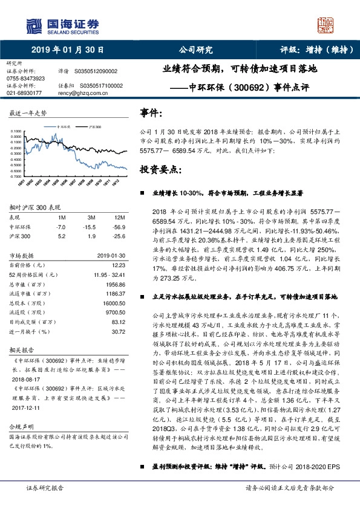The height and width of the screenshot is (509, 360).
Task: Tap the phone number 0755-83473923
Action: point(25,79)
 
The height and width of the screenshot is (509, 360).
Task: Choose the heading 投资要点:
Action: point(159,169)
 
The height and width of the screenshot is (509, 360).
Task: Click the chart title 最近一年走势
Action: point(28,114)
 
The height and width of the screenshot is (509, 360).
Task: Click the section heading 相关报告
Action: point(20,350)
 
